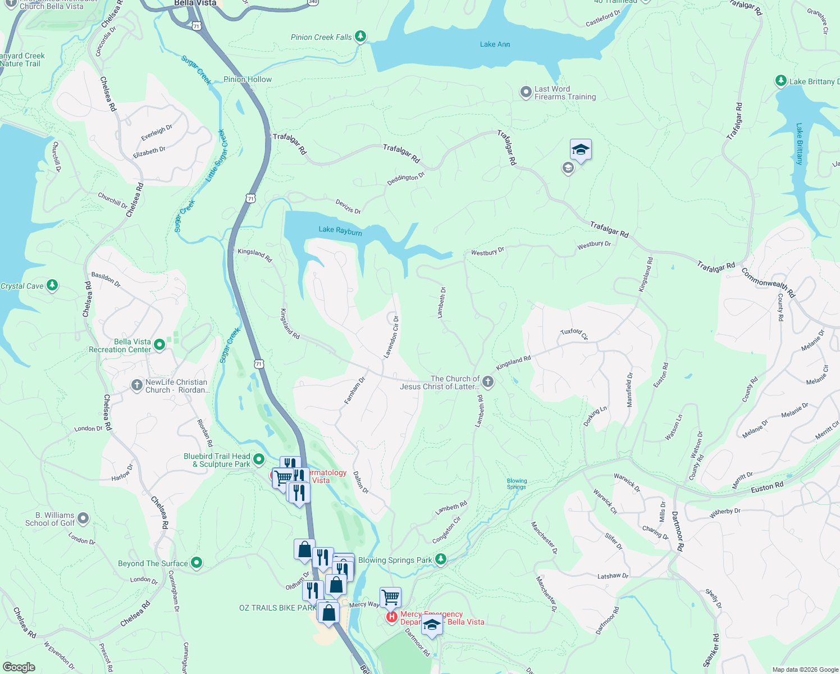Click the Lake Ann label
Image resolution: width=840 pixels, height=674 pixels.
pyautogui.click(x=495, y=44)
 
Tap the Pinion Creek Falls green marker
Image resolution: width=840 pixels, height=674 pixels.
pyautogui.click(x=360, y=37)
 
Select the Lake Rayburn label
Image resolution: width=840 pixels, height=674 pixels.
pyautogui.click(x=340, y=230)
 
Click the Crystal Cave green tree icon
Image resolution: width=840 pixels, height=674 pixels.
pyautogui.click(x=52, y=285)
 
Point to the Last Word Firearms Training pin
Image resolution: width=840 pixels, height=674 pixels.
pyautogui.click(x=526, y=92)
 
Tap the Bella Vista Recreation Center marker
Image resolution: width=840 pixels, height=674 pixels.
pyautogui.click(x=159, y=345)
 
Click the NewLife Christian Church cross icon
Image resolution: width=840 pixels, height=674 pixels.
pyautogui.click(x=136, y=385)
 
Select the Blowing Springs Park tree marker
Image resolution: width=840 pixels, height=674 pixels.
pyautogui.click(x=441, y=559)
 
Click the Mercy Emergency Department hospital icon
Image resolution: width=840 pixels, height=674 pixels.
pyautogui.click(x=391, y=617)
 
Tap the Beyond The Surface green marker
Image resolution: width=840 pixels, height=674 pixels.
pyautogui.click(x=197, y=562)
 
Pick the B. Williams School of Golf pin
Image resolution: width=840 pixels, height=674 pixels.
pyautogui.click(x=83, y=518)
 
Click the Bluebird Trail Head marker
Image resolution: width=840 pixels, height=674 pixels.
pyautogui.click(x=259, y=459)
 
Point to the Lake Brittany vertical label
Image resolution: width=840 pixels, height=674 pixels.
pyautogui.click(x=800, y=144)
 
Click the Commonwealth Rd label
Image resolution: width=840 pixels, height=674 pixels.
pyautogui.click(x=768, y=283)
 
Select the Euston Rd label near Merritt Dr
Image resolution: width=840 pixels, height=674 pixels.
pyautogui.click(x=767, y=488)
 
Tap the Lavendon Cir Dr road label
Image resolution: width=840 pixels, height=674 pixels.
pyautogui.click(x=391, y=337)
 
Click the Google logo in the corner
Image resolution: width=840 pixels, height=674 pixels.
pyautogui.click(x=19, y=667)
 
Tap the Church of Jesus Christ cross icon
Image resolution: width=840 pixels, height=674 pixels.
pyautogui.click(x=488, y=382)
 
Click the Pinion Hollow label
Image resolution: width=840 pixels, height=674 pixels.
pyautogui.click(x=247, y=79)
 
